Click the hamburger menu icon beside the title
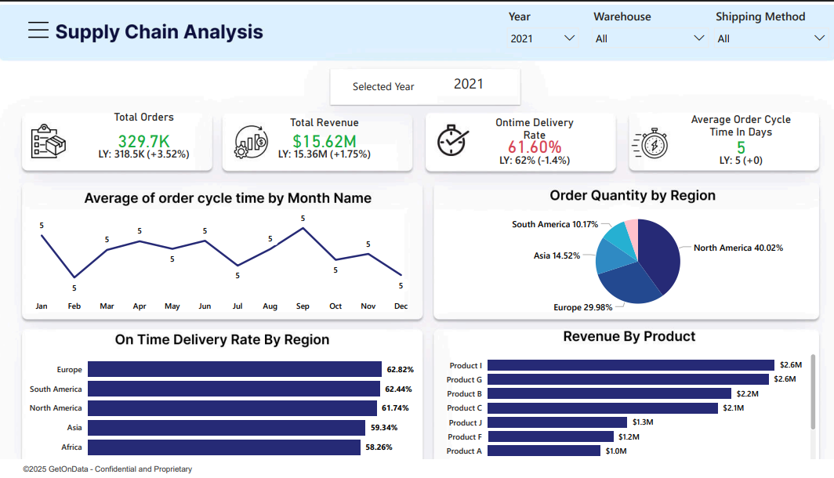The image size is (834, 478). tap(38, 30)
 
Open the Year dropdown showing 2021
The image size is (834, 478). tap(542, 38)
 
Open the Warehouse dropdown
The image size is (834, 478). tap(649, 38)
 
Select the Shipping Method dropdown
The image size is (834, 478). tap(771, 38)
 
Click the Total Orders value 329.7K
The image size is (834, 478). tap(143, 141)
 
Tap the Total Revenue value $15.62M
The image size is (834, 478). tap(325, 141)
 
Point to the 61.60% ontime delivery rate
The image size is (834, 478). tap(535, 147)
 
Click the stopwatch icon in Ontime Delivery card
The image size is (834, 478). tap(452, 139)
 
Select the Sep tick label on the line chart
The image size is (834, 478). tap(303, 306)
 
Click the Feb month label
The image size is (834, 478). tap(74, 306)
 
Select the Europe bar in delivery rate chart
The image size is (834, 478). tap(234, 369)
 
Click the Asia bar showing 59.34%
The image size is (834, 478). tap(227, 428)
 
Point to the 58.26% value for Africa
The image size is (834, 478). tap(401, 447)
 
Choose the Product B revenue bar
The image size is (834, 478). tap(609, 393)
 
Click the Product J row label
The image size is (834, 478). tap(465, 422)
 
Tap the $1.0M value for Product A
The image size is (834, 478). tap(616, 451)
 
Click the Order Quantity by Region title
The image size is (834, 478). tap(632, 195)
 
